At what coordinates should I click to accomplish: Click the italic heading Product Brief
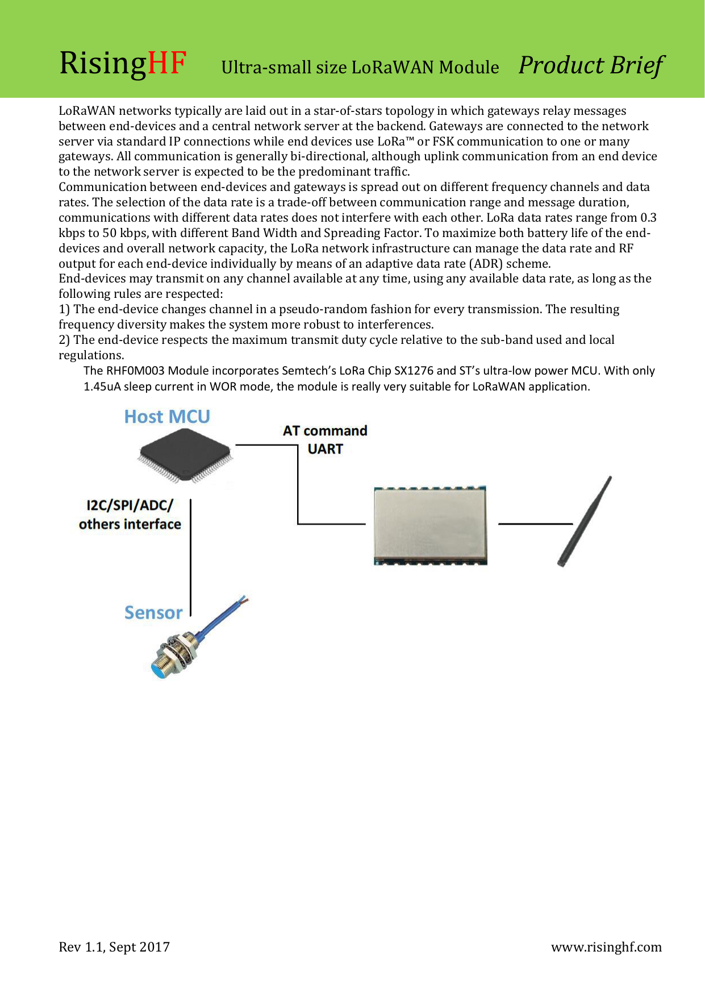(591, 65)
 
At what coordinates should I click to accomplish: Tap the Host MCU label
(167, 417)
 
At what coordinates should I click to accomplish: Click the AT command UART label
(325, 439)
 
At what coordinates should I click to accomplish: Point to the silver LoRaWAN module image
(430, 525)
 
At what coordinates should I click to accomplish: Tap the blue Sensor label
(153, 613)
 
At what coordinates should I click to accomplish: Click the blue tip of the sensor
(157, 670)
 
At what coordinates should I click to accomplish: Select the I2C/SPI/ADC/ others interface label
(130, 514)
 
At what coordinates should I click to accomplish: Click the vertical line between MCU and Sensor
(190, 557)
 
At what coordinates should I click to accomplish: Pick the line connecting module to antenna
(535, 524)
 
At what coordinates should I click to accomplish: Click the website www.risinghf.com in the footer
(606, 947)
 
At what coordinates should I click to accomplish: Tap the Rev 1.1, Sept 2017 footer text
(114, 947)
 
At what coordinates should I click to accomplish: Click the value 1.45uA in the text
(102, 387)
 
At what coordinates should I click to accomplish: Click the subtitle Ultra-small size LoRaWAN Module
(360, 68)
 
